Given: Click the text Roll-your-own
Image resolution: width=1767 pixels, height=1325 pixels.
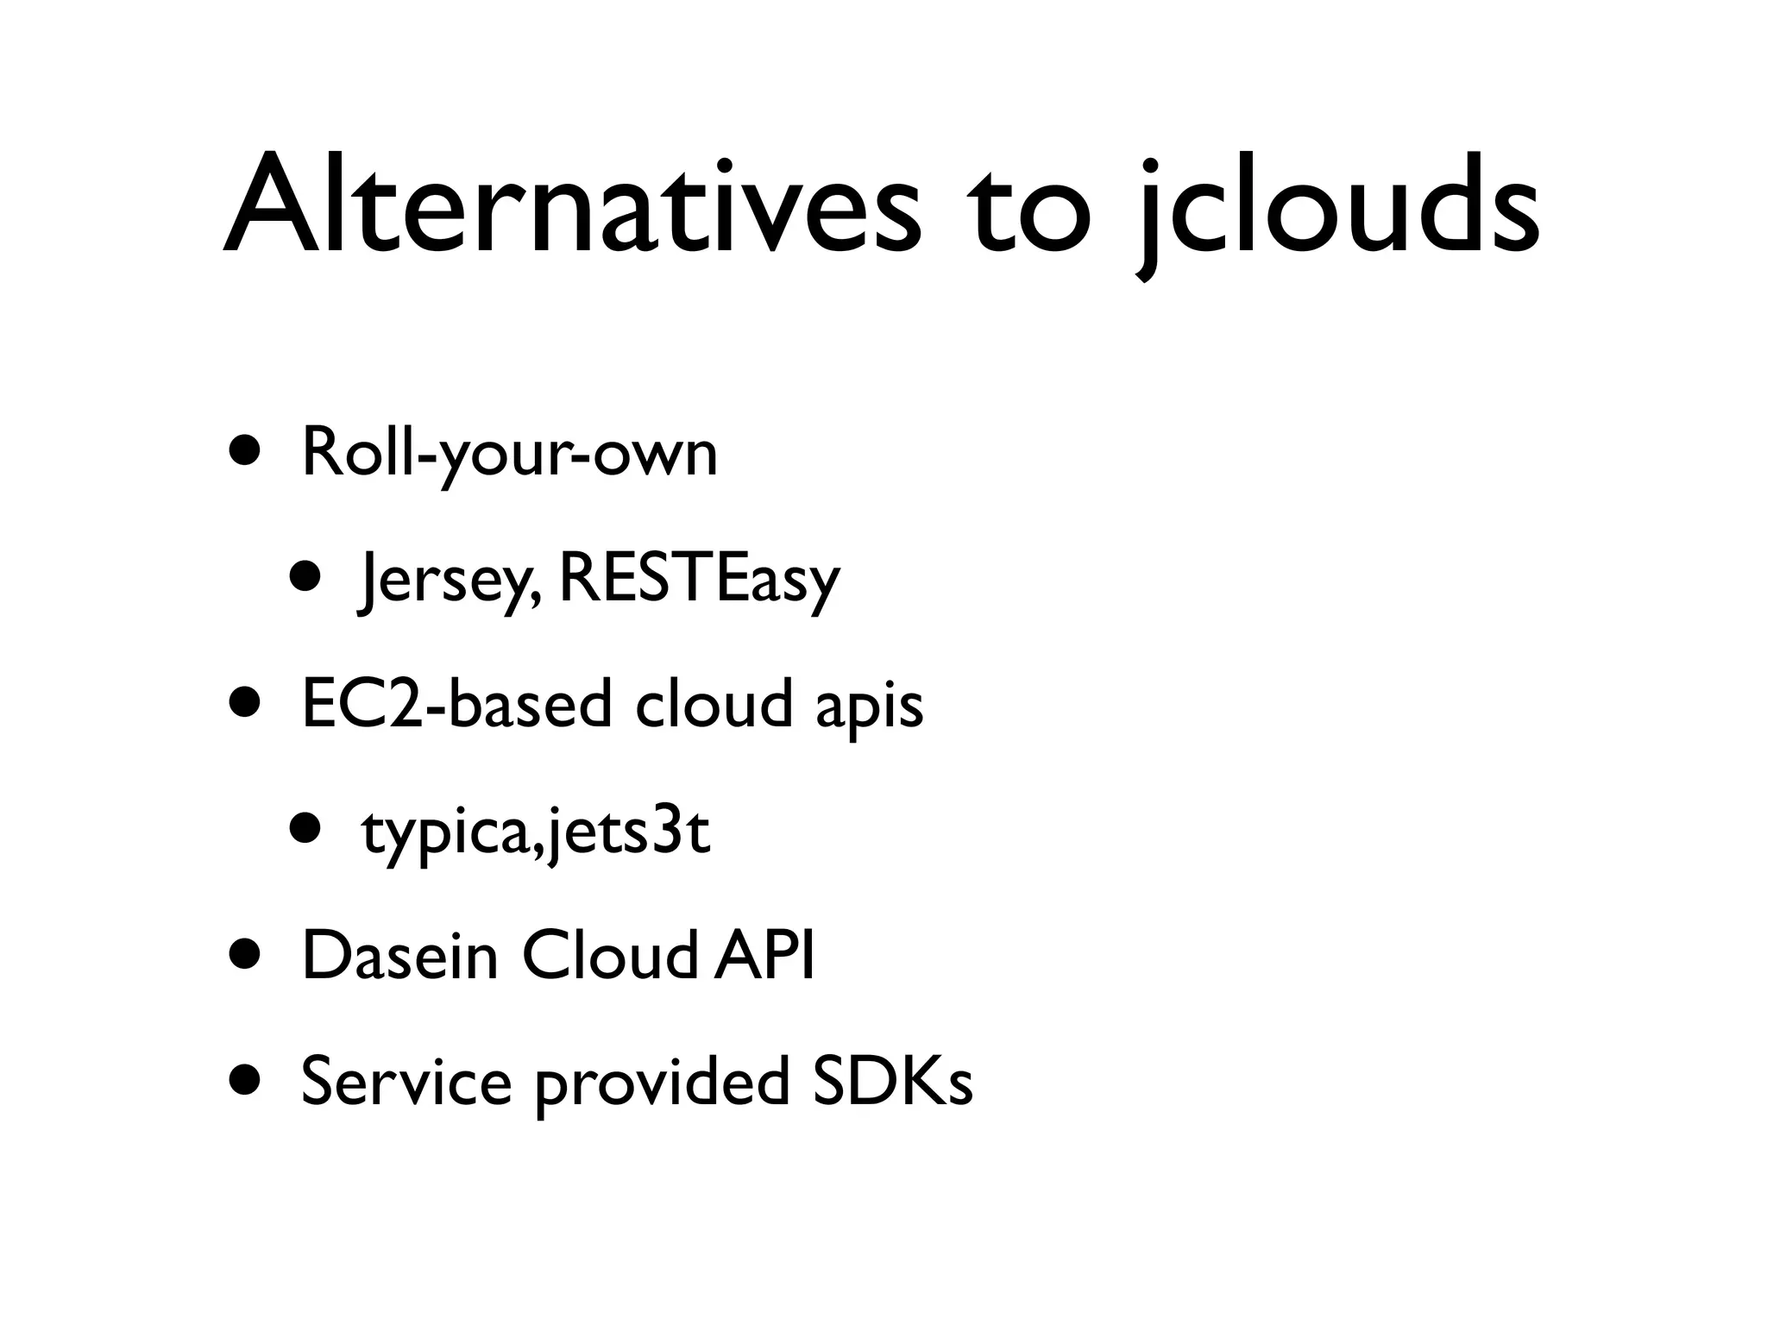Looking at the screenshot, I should pyautogui.click(x=509, y=454).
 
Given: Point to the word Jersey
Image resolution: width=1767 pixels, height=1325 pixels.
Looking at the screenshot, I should pyautogui.click(x=449, y=580).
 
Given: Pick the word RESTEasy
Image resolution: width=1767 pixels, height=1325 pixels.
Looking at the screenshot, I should pyautogui.click(x=699, y=580).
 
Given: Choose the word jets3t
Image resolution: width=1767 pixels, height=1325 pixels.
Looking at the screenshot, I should pyautogui.click(x=627, y=833).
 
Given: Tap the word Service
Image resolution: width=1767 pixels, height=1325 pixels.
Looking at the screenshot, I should pyautogui.click(x=406, y=1082).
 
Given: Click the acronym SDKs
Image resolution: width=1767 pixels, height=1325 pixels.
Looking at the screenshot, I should pyautogui.click(x=892, y=1082).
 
